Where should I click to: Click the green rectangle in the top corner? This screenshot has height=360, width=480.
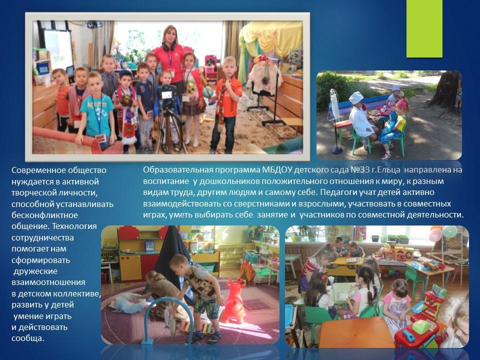(x=424, y=28)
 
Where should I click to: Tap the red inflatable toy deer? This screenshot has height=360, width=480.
(x=233, y=301)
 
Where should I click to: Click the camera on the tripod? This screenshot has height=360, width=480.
(x=166, y=95)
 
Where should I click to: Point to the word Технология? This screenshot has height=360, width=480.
(x=74, y=226)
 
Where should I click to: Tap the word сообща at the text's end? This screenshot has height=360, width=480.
(x=28, y=338)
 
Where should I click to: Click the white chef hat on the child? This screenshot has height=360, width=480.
(x=356, y=98)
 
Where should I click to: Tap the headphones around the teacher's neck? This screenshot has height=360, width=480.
(x=168, y=47)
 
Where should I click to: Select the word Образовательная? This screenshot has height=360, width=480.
(x=178, y=169)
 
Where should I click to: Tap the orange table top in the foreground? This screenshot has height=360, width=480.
(x=356, y=332)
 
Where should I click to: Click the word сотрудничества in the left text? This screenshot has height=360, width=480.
(x=42, y=237)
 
